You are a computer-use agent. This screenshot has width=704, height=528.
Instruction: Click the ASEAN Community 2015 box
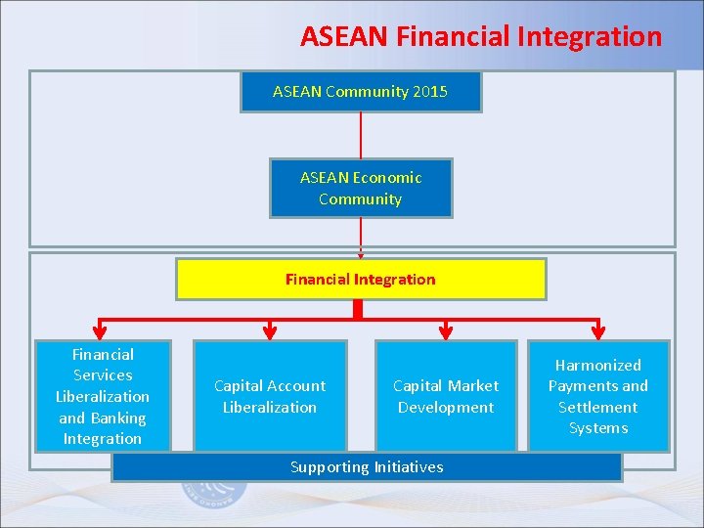[x=361, y=92]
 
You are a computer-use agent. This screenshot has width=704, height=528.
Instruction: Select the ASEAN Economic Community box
[x=361, y=188]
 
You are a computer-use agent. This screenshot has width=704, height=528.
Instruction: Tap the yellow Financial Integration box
[x=361, y=280]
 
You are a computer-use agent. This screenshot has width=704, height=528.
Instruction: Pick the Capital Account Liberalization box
[x=270, y=396]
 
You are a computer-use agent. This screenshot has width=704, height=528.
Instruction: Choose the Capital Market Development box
[x=446, y=396]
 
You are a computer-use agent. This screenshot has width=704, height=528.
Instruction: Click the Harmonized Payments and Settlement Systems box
[x=598, y=396]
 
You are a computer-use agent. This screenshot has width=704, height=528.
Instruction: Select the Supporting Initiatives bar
[x=367, y=467]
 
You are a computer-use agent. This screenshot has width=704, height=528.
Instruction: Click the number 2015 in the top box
[x=430, y=92]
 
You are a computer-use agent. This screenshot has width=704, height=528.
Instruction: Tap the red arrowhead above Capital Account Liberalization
[x=270, y=331]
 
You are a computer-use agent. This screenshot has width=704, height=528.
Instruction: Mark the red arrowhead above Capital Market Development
[x=446, y=331]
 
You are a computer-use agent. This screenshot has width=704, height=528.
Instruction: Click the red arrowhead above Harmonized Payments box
[x=598, y=331]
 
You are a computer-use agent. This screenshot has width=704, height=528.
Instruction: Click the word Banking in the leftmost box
[x=117, y=418]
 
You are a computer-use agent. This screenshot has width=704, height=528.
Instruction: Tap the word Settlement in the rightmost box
[x=597, y=407]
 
